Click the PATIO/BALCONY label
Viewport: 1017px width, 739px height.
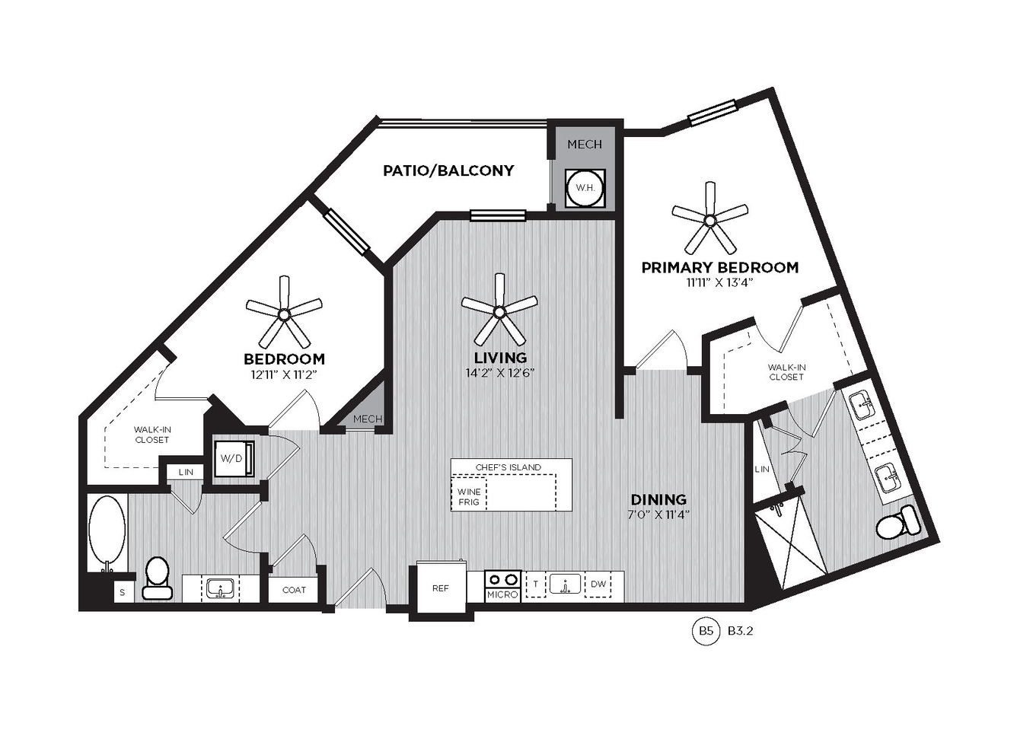point(448,170)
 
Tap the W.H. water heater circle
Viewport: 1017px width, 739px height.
point(585,188)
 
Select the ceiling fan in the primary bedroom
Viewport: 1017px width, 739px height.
point(709,218)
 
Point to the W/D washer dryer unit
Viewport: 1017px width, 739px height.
point(231,458)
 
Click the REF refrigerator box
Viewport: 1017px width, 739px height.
point(442,588)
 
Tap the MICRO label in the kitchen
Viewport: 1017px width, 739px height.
point(502,594)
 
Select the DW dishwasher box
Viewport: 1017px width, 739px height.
point(598,584)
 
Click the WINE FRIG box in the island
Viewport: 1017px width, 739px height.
point(469,496)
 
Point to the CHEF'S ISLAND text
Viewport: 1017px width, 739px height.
point(508,467)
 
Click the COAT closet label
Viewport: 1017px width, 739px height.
point(294,590)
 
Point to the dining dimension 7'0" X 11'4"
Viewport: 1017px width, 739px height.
point(660,514)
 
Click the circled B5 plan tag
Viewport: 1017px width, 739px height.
point(706,631)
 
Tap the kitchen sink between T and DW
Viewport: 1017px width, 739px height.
point(566,584)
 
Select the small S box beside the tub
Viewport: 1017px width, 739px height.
point(123,592)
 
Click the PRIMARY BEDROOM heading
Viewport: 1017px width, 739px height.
point(720,267)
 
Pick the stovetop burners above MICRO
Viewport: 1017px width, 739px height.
point(502,580)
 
